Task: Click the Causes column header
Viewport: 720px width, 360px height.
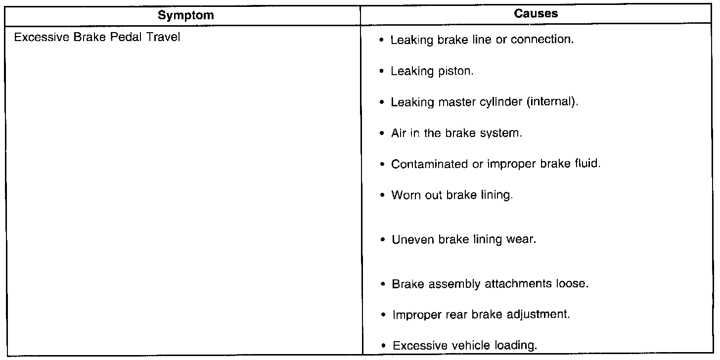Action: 536,14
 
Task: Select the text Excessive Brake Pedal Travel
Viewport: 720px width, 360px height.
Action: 97,38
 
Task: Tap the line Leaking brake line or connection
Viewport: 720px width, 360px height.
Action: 482,40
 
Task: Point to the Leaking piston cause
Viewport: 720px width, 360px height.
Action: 432,71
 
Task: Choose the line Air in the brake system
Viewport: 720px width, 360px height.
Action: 456,134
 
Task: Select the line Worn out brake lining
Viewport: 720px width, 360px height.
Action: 452,195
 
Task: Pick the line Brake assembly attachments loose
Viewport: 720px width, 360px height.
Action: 490,285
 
